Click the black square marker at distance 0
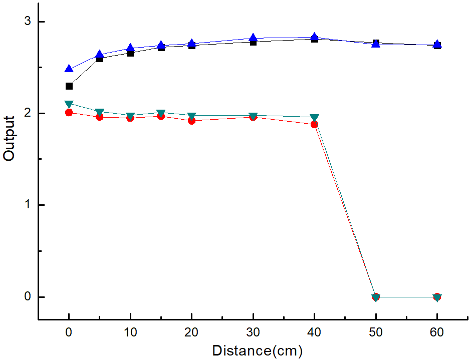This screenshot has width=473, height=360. click(x=69, y=86)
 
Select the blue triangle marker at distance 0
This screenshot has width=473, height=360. click(x=69, y=69)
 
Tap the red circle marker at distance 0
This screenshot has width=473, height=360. click(x=69, y=113)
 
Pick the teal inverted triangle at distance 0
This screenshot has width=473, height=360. click(x=69, y=104)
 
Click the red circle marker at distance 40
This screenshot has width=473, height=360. click(x=314, y=125)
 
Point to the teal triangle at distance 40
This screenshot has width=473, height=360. click(x=314, y=118)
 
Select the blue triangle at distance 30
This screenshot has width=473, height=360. click(x=253, y=38)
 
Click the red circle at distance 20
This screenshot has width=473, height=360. click(x=191, y=121)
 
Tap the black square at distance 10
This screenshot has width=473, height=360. click(x=130, y=54)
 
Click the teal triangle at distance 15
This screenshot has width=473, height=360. click(x=161, y=113)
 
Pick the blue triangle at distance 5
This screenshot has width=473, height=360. click(x=100, y=55)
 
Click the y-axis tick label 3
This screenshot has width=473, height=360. click(x=28, y=21)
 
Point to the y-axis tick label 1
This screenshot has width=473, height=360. click(x=28, y=205)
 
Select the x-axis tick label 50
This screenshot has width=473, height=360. click(x=376, y=332)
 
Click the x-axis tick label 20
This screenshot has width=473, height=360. click(x=191, y=332)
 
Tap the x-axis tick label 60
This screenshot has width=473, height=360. click(x=437, y=332)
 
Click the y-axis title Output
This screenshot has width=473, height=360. click(x=9, y=139)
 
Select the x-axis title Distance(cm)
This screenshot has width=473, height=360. click(x=258, y=351)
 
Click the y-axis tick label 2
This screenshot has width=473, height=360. click(x=28, y=113)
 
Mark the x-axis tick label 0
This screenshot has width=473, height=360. click(x=69, y=332)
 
